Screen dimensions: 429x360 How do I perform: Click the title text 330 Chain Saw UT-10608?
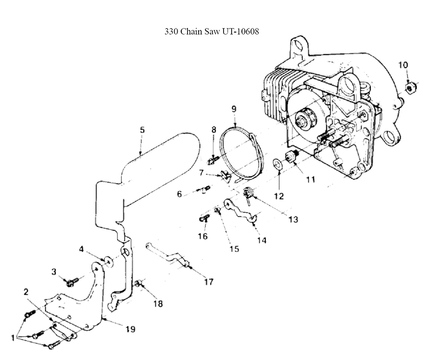click(211, 31)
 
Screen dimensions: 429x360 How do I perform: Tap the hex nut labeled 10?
click(410, 88)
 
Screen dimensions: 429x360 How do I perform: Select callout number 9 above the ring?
click(234, 109)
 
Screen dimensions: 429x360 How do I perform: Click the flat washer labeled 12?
click(278, 165)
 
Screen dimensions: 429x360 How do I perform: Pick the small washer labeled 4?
click(109, 261)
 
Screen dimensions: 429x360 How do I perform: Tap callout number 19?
click(130, 329)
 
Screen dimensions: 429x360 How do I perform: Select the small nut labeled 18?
click(139, 283)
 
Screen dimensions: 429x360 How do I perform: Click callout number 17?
click(208, 282)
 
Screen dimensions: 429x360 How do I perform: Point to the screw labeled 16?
click(204, 218)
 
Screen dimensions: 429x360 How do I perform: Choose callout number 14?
click(262, 240)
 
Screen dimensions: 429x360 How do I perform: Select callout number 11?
click(310, 179)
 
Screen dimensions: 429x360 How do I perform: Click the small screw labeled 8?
click(213, 160)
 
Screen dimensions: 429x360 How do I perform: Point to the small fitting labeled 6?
click(205, 189)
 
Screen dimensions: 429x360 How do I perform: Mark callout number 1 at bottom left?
click(12, 338)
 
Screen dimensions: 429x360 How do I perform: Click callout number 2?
click(26, 292)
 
